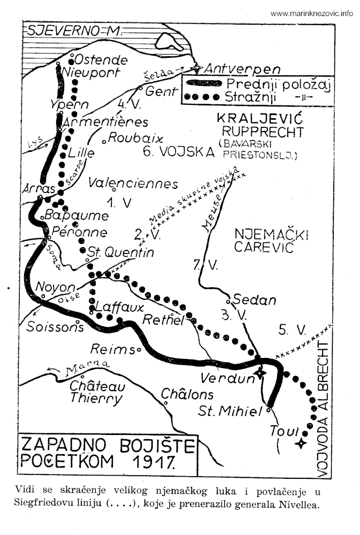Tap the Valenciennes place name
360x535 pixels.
click(133, 184)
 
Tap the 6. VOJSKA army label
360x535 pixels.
click(178, 151)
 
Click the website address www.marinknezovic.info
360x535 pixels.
click(311, 14)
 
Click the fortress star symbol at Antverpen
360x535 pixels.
click(198, 68)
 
